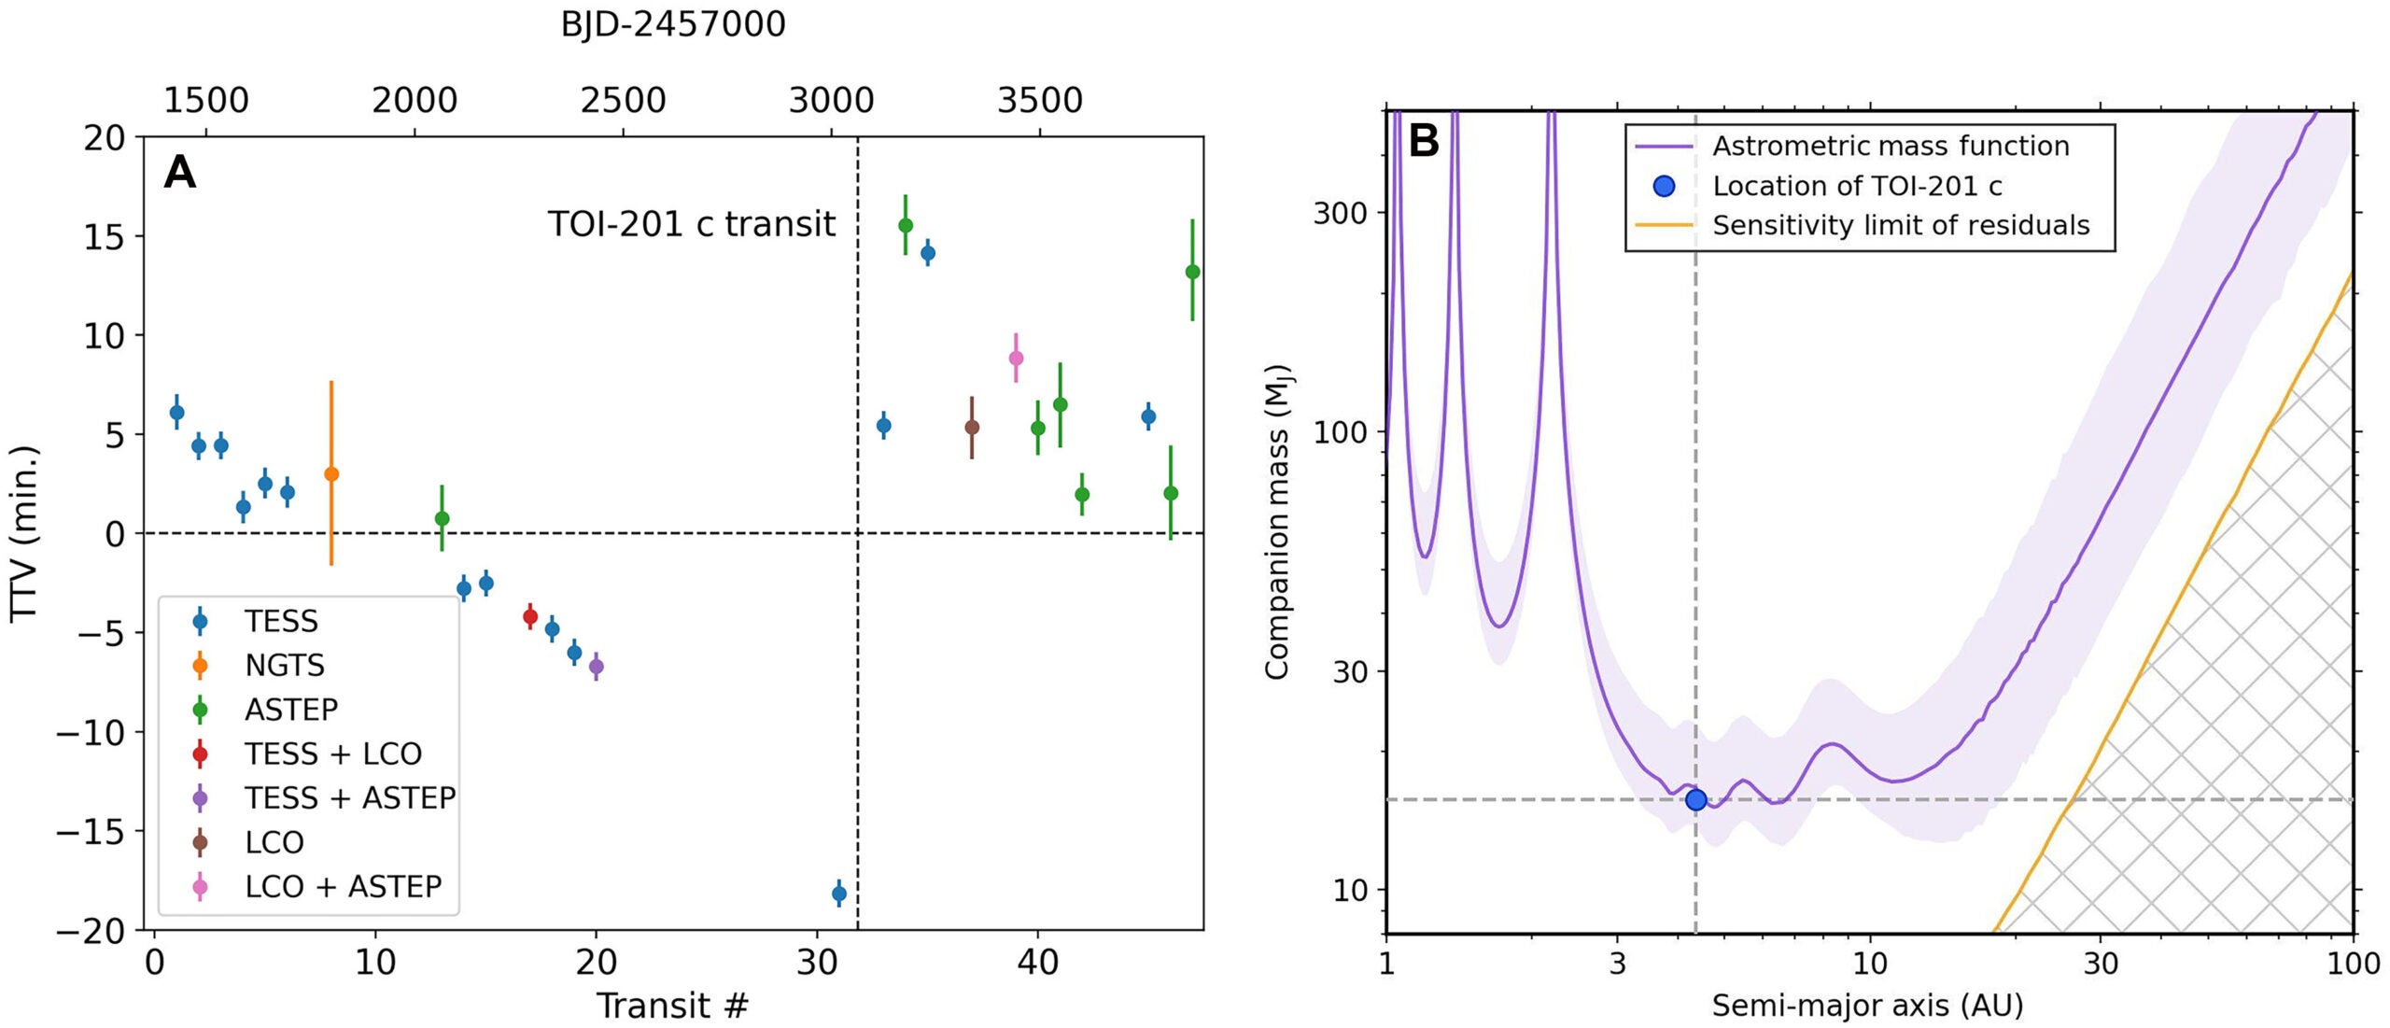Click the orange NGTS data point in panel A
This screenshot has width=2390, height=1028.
330,474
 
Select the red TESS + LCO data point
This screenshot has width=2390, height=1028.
530,616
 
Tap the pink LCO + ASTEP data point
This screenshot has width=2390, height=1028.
1016,359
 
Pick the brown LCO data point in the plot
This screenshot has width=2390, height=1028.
972,428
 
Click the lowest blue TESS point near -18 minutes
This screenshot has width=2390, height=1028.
839,894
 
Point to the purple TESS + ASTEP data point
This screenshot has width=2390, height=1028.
597,667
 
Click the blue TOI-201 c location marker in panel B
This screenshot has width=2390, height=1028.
1696,800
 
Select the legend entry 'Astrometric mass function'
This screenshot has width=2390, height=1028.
1891,147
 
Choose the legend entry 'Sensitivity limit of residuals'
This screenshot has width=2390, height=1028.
1900,226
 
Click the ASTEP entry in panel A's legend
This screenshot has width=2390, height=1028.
290,710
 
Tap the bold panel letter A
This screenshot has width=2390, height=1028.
179,173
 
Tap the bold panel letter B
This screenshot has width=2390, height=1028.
1424,142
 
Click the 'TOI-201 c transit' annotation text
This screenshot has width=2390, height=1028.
691,224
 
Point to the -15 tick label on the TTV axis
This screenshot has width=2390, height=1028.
91,832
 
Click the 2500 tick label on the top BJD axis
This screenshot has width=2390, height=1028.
623,101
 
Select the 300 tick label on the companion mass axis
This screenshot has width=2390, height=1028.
1339,213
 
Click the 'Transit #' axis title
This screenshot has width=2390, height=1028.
672,1006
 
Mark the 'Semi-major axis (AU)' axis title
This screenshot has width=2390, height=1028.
1867,1006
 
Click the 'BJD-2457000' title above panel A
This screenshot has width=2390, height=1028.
672,24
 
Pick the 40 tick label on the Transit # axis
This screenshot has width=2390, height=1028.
1037,963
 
